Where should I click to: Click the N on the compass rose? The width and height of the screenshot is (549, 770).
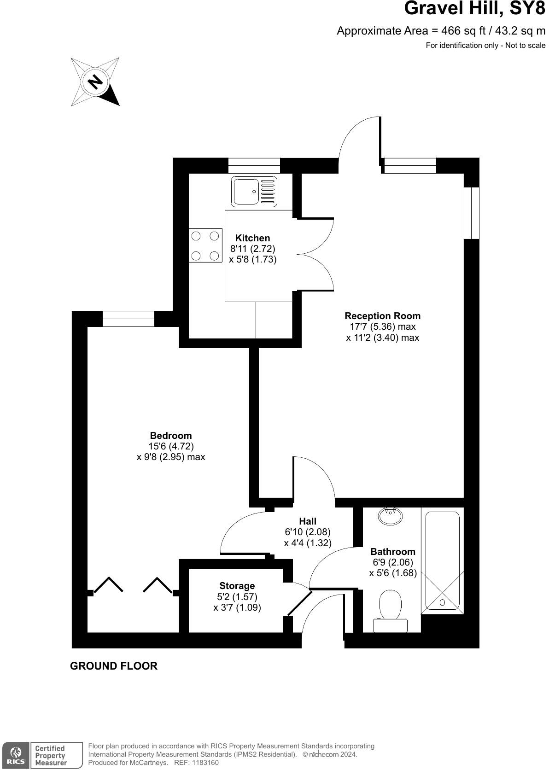[95, 82]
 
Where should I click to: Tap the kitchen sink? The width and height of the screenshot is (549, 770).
[255, 191]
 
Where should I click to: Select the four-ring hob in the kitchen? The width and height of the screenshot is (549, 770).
[205, 245]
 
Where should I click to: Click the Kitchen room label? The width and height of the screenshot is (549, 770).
[252, 238]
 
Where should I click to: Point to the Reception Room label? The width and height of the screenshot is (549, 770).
[382, 316]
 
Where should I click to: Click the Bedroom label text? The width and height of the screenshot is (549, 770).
[171, 436]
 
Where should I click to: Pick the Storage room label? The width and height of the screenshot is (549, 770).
[237, 586]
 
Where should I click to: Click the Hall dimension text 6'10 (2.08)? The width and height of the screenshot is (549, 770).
[308, 532]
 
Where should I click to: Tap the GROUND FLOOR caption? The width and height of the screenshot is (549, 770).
[114, 666]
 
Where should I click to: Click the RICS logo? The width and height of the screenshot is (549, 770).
[16, 755]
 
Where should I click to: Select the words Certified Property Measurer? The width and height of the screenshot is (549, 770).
[51, 755]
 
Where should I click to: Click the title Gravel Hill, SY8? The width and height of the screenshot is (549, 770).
[474, 9]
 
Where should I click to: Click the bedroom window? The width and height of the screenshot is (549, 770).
[128, 319]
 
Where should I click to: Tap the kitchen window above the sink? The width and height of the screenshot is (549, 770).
[254, 165]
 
